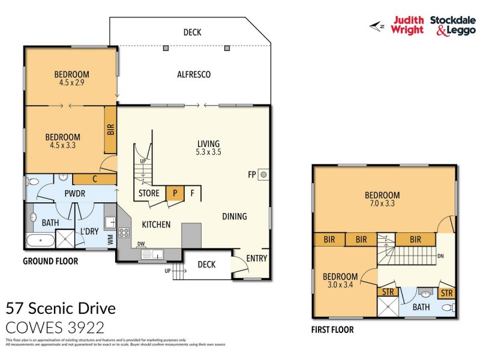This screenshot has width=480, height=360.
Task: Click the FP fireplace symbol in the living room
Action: [263, 176]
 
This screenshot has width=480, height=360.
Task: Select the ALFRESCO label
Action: [193, 74]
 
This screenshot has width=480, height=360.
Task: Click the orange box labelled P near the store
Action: [175, 193]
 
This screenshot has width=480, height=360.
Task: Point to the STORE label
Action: [149, 193]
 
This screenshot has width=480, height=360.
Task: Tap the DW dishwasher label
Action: [142, 244]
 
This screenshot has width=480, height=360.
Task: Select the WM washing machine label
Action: [110, 239]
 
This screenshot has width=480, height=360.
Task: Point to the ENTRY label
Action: [257, 259]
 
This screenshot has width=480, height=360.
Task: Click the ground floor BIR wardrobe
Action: [110, 129]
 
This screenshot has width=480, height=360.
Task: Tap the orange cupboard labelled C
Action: [94, 179]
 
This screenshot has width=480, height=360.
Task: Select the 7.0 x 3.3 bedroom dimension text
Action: [382, 203]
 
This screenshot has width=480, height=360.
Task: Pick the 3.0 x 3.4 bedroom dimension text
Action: [340, 285]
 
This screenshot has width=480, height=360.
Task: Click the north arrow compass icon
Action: [377, 25]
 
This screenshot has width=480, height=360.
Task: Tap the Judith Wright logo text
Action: [407, 24]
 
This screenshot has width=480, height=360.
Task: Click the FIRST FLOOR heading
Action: [332, 329]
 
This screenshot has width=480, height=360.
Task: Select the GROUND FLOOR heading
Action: [50, 261]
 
